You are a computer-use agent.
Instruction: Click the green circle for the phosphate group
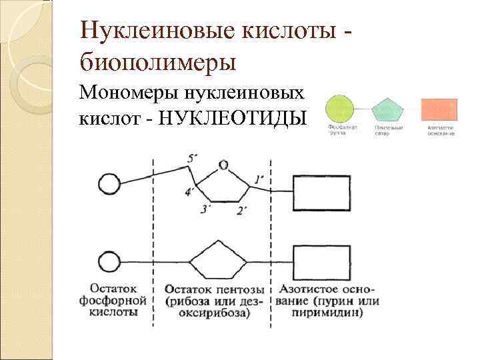pyautogui.click(x=339, y=109)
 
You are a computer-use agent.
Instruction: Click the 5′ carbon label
pyautogui.click(x=193, y=159)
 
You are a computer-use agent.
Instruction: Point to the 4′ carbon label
pyautogui.click(x=190, y=193)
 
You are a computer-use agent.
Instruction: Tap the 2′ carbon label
pyautogui.click(x=242, y=211)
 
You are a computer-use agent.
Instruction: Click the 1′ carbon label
pyautogui.click(x=260, y=179)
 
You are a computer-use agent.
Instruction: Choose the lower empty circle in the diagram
pyautogui.click(x=109, y=261)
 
